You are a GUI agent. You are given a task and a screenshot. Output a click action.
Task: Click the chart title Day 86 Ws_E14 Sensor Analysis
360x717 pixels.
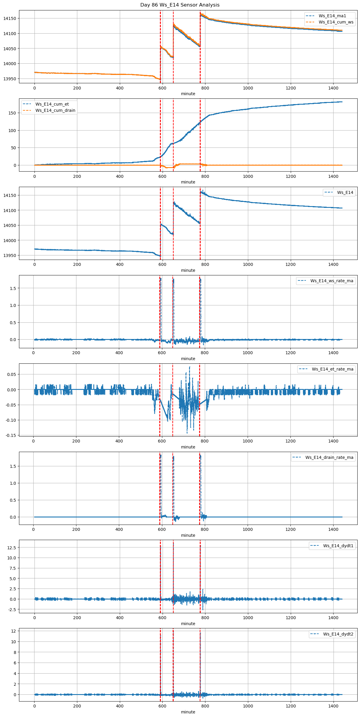pyautogui.click(x=180, y=5)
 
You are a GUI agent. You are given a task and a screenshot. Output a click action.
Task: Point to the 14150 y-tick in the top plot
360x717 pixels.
pyautogui.click(x=10, y=18)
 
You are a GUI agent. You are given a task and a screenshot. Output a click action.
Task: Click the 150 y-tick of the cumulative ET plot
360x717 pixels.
pyautogui.click(x=12, y=113)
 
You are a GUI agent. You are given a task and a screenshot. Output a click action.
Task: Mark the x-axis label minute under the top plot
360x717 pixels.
pyautogui.click(x=188, y=94)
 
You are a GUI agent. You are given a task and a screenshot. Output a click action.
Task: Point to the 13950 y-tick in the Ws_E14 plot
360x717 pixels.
pyautogui.click(x=10, y=255)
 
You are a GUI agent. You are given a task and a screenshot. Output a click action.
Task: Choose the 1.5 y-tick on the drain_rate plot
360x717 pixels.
pyautogui.click(x=12, y=466)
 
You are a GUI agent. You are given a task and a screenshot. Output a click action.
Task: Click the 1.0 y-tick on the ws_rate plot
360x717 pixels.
pyautogui.click(x=12, y=305)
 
